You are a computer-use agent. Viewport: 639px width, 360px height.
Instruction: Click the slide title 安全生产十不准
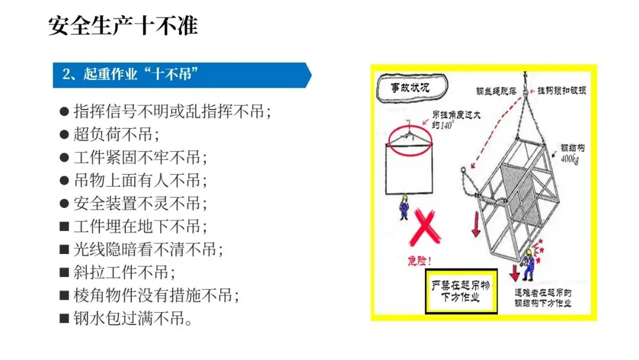point(123,25)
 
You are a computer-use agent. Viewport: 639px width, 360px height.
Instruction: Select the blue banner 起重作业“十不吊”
point(182,75)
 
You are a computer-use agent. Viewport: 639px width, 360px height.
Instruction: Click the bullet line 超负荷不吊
point(116,134)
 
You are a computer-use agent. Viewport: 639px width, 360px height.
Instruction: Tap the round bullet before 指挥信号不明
point(64,111)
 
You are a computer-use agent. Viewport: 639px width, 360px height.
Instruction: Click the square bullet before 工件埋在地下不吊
point(64,226)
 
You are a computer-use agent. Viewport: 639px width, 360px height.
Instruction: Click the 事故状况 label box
point(412,87)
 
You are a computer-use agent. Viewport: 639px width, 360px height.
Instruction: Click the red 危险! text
point(419,261)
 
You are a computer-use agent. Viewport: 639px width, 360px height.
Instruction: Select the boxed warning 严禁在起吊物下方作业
point(461,291)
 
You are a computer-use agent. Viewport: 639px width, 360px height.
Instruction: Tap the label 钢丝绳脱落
point(496,91)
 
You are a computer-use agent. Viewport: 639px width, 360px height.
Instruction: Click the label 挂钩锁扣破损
point(561,91)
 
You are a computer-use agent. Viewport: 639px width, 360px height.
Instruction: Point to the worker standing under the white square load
point(404,207)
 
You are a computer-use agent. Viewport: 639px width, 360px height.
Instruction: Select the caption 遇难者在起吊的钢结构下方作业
point(543,298)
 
